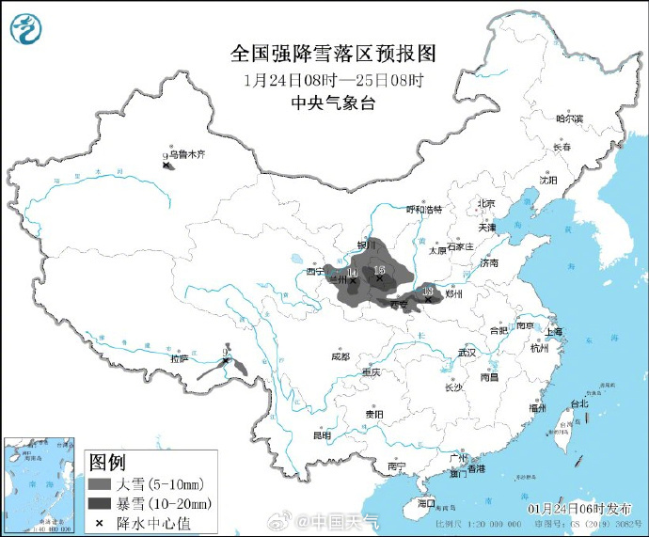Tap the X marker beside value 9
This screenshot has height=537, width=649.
167,166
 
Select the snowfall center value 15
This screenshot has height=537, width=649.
379,269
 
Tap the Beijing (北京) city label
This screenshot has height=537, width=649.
485,203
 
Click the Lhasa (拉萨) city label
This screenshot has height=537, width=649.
179,357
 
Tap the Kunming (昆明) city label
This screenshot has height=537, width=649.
322,435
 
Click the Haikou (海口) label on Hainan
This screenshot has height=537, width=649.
426,502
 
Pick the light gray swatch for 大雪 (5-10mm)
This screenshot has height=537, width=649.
99,483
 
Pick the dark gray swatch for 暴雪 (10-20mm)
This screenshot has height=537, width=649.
99,502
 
